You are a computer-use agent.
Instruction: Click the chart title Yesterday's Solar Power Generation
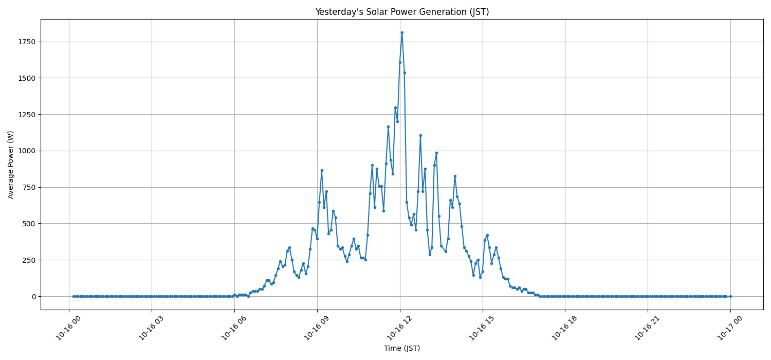click(402, 12)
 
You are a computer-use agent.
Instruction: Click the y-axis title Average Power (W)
click(11, 165)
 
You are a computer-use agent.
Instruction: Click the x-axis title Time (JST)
click(402, 348)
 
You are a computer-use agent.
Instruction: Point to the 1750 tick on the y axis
click(27, 42)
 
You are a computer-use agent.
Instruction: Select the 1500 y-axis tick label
click(27, 78)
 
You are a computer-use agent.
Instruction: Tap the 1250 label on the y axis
click(27, 115)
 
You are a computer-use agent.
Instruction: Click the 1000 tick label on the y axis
click(27, 151)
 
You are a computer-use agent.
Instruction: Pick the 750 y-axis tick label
click(29, 187)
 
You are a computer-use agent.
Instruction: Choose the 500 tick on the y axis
click(29, 224)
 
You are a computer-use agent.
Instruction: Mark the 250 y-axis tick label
click(29, 260)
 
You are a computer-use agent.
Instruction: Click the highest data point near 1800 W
click(402, 32)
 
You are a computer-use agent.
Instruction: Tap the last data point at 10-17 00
click(730, 296)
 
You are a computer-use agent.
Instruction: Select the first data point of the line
click(74, 296)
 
